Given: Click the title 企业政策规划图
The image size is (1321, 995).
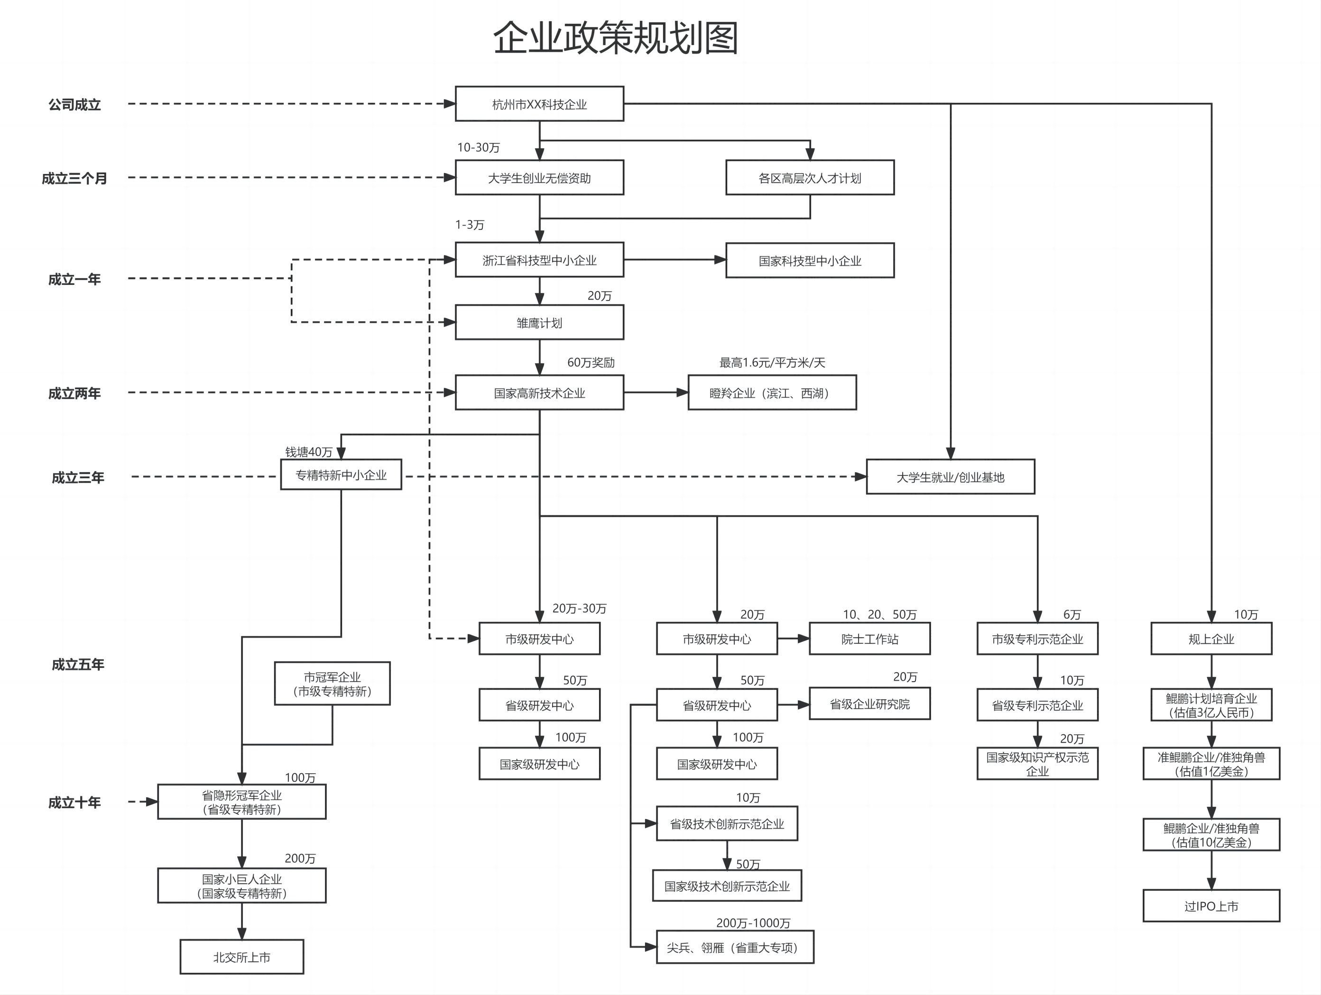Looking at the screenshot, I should point(616,38).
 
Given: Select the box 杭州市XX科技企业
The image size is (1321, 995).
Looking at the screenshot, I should point(539,104).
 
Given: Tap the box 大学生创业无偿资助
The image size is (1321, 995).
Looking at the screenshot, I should point(539,178).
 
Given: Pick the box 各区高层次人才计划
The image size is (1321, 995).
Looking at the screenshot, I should point(809,178).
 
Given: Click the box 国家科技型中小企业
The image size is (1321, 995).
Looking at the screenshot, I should point(809,261).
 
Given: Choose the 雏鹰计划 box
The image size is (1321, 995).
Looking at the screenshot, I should point(539,323).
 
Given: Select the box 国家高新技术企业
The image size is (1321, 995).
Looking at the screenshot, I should point(539,393).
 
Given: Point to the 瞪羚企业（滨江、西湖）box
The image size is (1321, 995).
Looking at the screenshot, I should point(772,393).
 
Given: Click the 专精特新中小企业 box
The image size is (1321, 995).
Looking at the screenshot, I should point(341,475).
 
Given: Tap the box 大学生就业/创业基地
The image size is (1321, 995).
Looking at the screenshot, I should point(950,477).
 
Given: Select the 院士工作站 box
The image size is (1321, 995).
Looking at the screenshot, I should point(869,639).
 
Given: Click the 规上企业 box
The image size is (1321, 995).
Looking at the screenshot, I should point(1211,639).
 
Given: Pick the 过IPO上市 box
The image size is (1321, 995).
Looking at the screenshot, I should point(1211,906).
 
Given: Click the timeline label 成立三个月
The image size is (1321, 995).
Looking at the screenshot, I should point(74,178).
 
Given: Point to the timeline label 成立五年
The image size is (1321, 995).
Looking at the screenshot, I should point(78,664).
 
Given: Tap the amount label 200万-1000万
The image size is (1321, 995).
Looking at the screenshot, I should point(753,923).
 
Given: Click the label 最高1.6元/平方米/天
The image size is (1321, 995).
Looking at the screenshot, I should point(772,362).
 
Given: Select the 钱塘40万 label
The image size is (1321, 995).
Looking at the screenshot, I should point(308,452).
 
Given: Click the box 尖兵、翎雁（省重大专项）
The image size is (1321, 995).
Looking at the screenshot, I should point(735,947).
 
